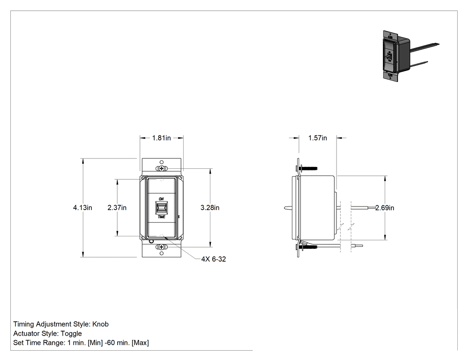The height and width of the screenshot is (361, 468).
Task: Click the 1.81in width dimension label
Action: click(161, 138)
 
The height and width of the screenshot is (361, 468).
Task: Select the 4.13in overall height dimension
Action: click(82, 207)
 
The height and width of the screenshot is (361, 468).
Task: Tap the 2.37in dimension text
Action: click(117, 207)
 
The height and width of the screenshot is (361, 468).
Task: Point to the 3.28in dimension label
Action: click(210, 207)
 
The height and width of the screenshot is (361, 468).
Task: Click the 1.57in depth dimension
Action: click(317, 138)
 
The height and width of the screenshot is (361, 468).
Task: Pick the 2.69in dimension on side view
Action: click(384, 208)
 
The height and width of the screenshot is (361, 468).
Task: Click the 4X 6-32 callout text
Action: click(213, 259)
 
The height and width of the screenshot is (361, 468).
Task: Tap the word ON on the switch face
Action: click(161, 199)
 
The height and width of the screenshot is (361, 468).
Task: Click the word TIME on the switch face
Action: click(161, 217)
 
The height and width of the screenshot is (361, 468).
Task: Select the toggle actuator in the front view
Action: click(161, 208)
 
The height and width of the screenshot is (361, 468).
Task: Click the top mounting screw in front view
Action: click(161, 169)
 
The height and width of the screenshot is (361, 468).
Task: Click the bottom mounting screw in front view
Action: click(161, 247)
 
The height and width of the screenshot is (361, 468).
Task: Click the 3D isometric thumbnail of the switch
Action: click(410, 56)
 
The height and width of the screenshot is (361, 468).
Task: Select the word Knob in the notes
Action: click(100, 324)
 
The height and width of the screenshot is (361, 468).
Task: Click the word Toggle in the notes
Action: click(71, 333)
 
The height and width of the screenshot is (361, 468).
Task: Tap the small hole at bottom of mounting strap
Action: click(161, 253)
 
